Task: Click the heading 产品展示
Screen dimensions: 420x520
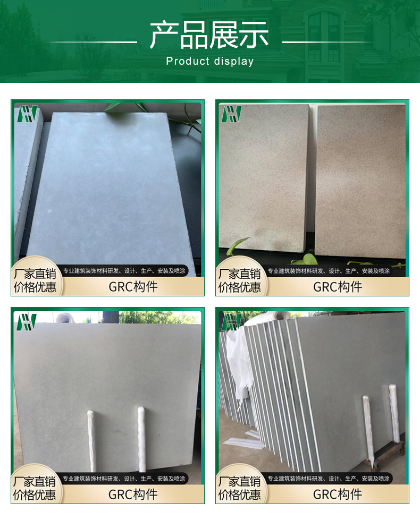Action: pyautogui.click(x=209, y=35)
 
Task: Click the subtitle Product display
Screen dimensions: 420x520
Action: pyautogui.click(x=210, y=62)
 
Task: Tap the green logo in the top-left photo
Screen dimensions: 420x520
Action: pyautogui.click(x=27, y=114)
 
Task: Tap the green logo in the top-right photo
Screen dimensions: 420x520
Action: pyautogui.click(x=232, y=114)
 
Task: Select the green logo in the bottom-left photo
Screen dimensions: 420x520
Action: pyautogui.click(x=27, y=322)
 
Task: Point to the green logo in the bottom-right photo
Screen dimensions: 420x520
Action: pyautogui.click(x=231, y=322)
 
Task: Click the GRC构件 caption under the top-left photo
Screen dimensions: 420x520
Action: pyautogui.click(x=133, y=287)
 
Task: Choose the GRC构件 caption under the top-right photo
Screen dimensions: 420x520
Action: pyautogui.click(x=338, y=287)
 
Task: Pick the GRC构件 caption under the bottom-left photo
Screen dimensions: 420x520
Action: pyautogui.click(x=133, y=495)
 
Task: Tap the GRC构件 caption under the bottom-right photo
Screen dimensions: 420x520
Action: pyautogui.click(x=337, y=495)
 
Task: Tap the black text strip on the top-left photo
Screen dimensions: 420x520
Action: pyautogui.click(x=123, y=270)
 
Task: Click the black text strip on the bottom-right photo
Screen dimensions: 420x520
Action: pyautogui.click(x=328, y=478)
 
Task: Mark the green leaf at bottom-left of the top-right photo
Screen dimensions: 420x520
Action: pyautogui.click(x=238, y=245)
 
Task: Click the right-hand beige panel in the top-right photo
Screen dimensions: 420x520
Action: pyautogui.click(x=360, y=181)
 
